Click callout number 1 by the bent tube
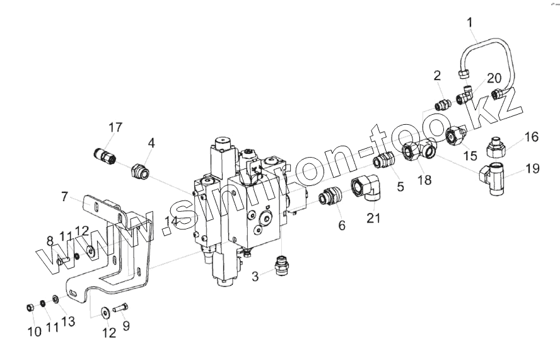(470, 24)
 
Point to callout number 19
(532, 169)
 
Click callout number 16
(532, 137)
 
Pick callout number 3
(255, 277)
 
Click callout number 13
(67, 322)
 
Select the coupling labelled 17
(104, 153)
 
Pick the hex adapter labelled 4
(138, 171)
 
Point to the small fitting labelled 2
(442, 103)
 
